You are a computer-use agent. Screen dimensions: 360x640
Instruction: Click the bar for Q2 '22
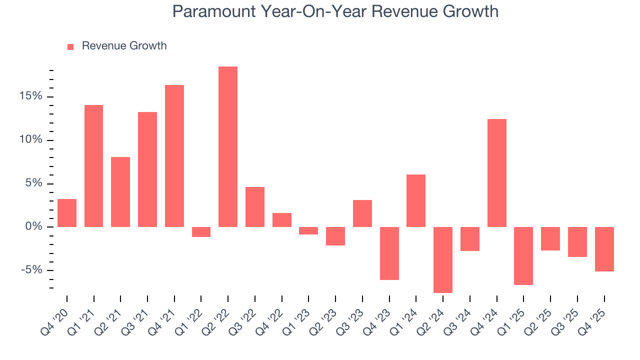228,146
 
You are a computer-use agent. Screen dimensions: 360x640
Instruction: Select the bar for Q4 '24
497,173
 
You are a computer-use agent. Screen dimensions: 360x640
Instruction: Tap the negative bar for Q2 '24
443,259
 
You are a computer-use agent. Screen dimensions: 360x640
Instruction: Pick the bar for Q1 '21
93,166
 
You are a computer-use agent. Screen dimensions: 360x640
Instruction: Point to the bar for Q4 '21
174,156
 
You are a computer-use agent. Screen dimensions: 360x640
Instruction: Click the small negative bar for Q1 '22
201,232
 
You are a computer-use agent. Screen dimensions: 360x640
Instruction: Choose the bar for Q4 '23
389,253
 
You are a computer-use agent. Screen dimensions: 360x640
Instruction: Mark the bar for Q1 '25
523,255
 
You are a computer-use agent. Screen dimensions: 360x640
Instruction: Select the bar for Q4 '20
67,213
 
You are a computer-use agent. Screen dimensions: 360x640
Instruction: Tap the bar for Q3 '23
362,213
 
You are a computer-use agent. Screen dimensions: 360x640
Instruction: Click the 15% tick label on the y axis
30,96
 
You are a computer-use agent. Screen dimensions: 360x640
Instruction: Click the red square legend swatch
70,46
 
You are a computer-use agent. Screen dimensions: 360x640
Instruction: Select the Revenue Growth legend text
124,46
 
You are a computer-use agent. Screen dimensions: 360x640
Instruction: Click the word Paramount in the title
211,11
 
